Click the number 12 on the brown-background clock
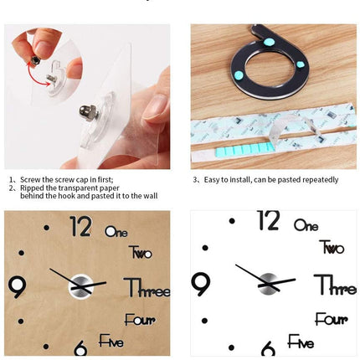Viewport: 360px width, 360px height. pyautogui.click(x=81, y=226)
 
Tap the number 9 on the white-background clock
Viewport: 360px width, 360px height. pyautogui.click(x=201, y=284)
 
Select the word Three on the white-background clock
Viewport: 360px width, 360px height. pyautogui.click(x=335, y=285)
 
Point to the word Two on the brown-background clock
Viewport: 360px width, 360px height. pyautogui.click(x=141, y=252)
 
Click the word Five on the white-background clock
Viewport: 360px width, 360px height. pyautogui.click(x=301, y=342)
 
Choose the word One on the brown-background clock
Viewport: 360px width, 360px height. pyautogui.click(x=116, y=231)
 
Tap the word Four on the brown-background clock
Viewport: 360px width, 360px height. pyautogui.click(x=140, y=320)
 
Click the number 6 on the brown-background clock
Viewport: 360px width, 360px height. pyautogui.click(x=80, y=347)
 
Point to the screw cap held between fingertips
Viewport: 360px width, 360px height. pyautogui.click(x=36, y=59)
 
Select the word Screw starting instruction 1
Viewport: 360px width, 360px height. pyautogui.click(x=28, y=179)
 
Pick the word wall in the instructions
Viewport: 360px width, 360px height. pyautogui.click(x=151, y=196)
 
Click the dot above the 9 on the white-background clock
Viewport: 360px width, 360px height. pyautogui.click(x=205, y=248)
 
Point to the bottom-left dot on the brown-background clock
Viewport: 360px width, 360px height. pyautogui.click(x=46, y=347)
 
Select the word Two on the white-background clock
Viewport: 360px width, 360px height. pyautogui.click(x=332, y=247)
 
